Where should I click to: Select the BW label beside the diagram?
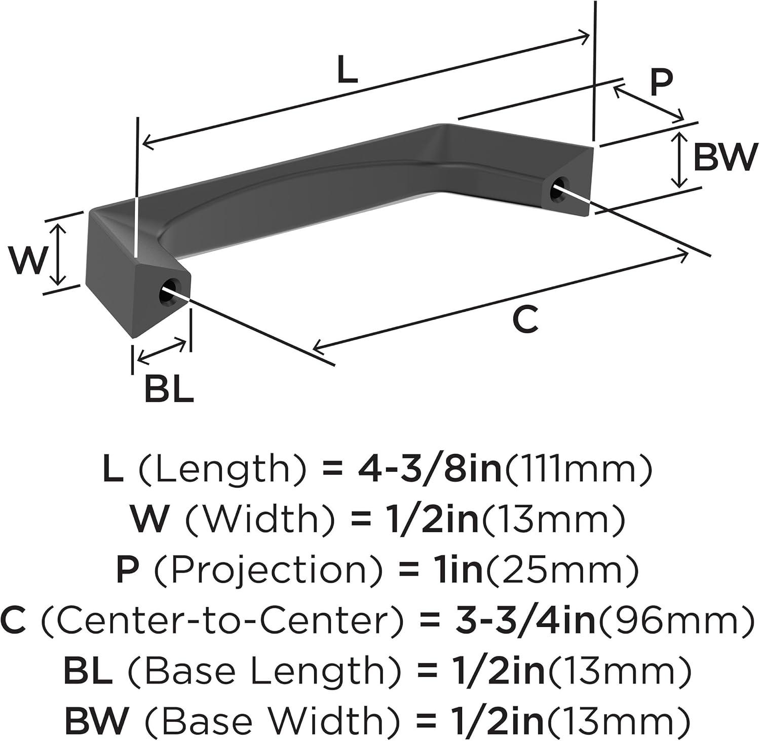pos(725,157)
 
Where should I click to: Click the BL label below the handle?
pos(169,389)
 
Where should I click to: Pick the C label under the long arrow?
pos(525,319)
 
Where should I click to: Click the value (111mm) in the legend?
pos(578,469)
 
